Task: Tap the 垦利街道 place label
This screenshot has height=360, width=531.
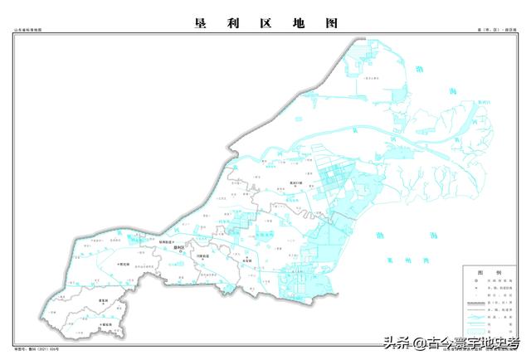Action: pyautogui.click(x=168, y=241)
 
